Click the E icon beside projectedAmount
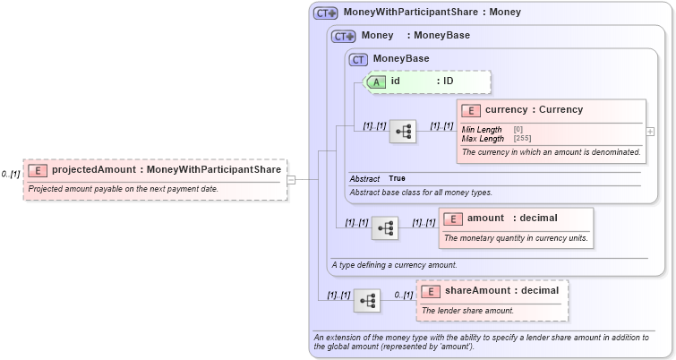pos(38,170)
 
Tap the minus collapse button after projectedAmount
pos(291,179)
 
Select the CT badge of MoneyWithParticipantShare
pos(325,13)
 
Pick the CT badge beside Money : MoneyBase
pos(344,37)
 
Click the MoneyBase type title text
pos(401,59)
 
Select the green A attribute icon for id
pos(377,81)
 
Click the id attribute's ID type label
pos(448,81)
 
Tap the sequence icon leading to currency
pos(403,132)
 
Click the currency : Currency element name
pos(534,110)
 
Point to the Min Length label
pos(482,130)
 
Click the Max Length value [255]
pos(522,139)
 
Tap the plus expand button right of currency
pos(650,132)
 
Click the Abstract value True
pos(397,179)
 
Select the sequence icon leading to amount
pos(385,228)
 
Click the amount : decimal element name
pos(512,219)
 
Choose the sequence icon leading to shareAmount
pos(367,301)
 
